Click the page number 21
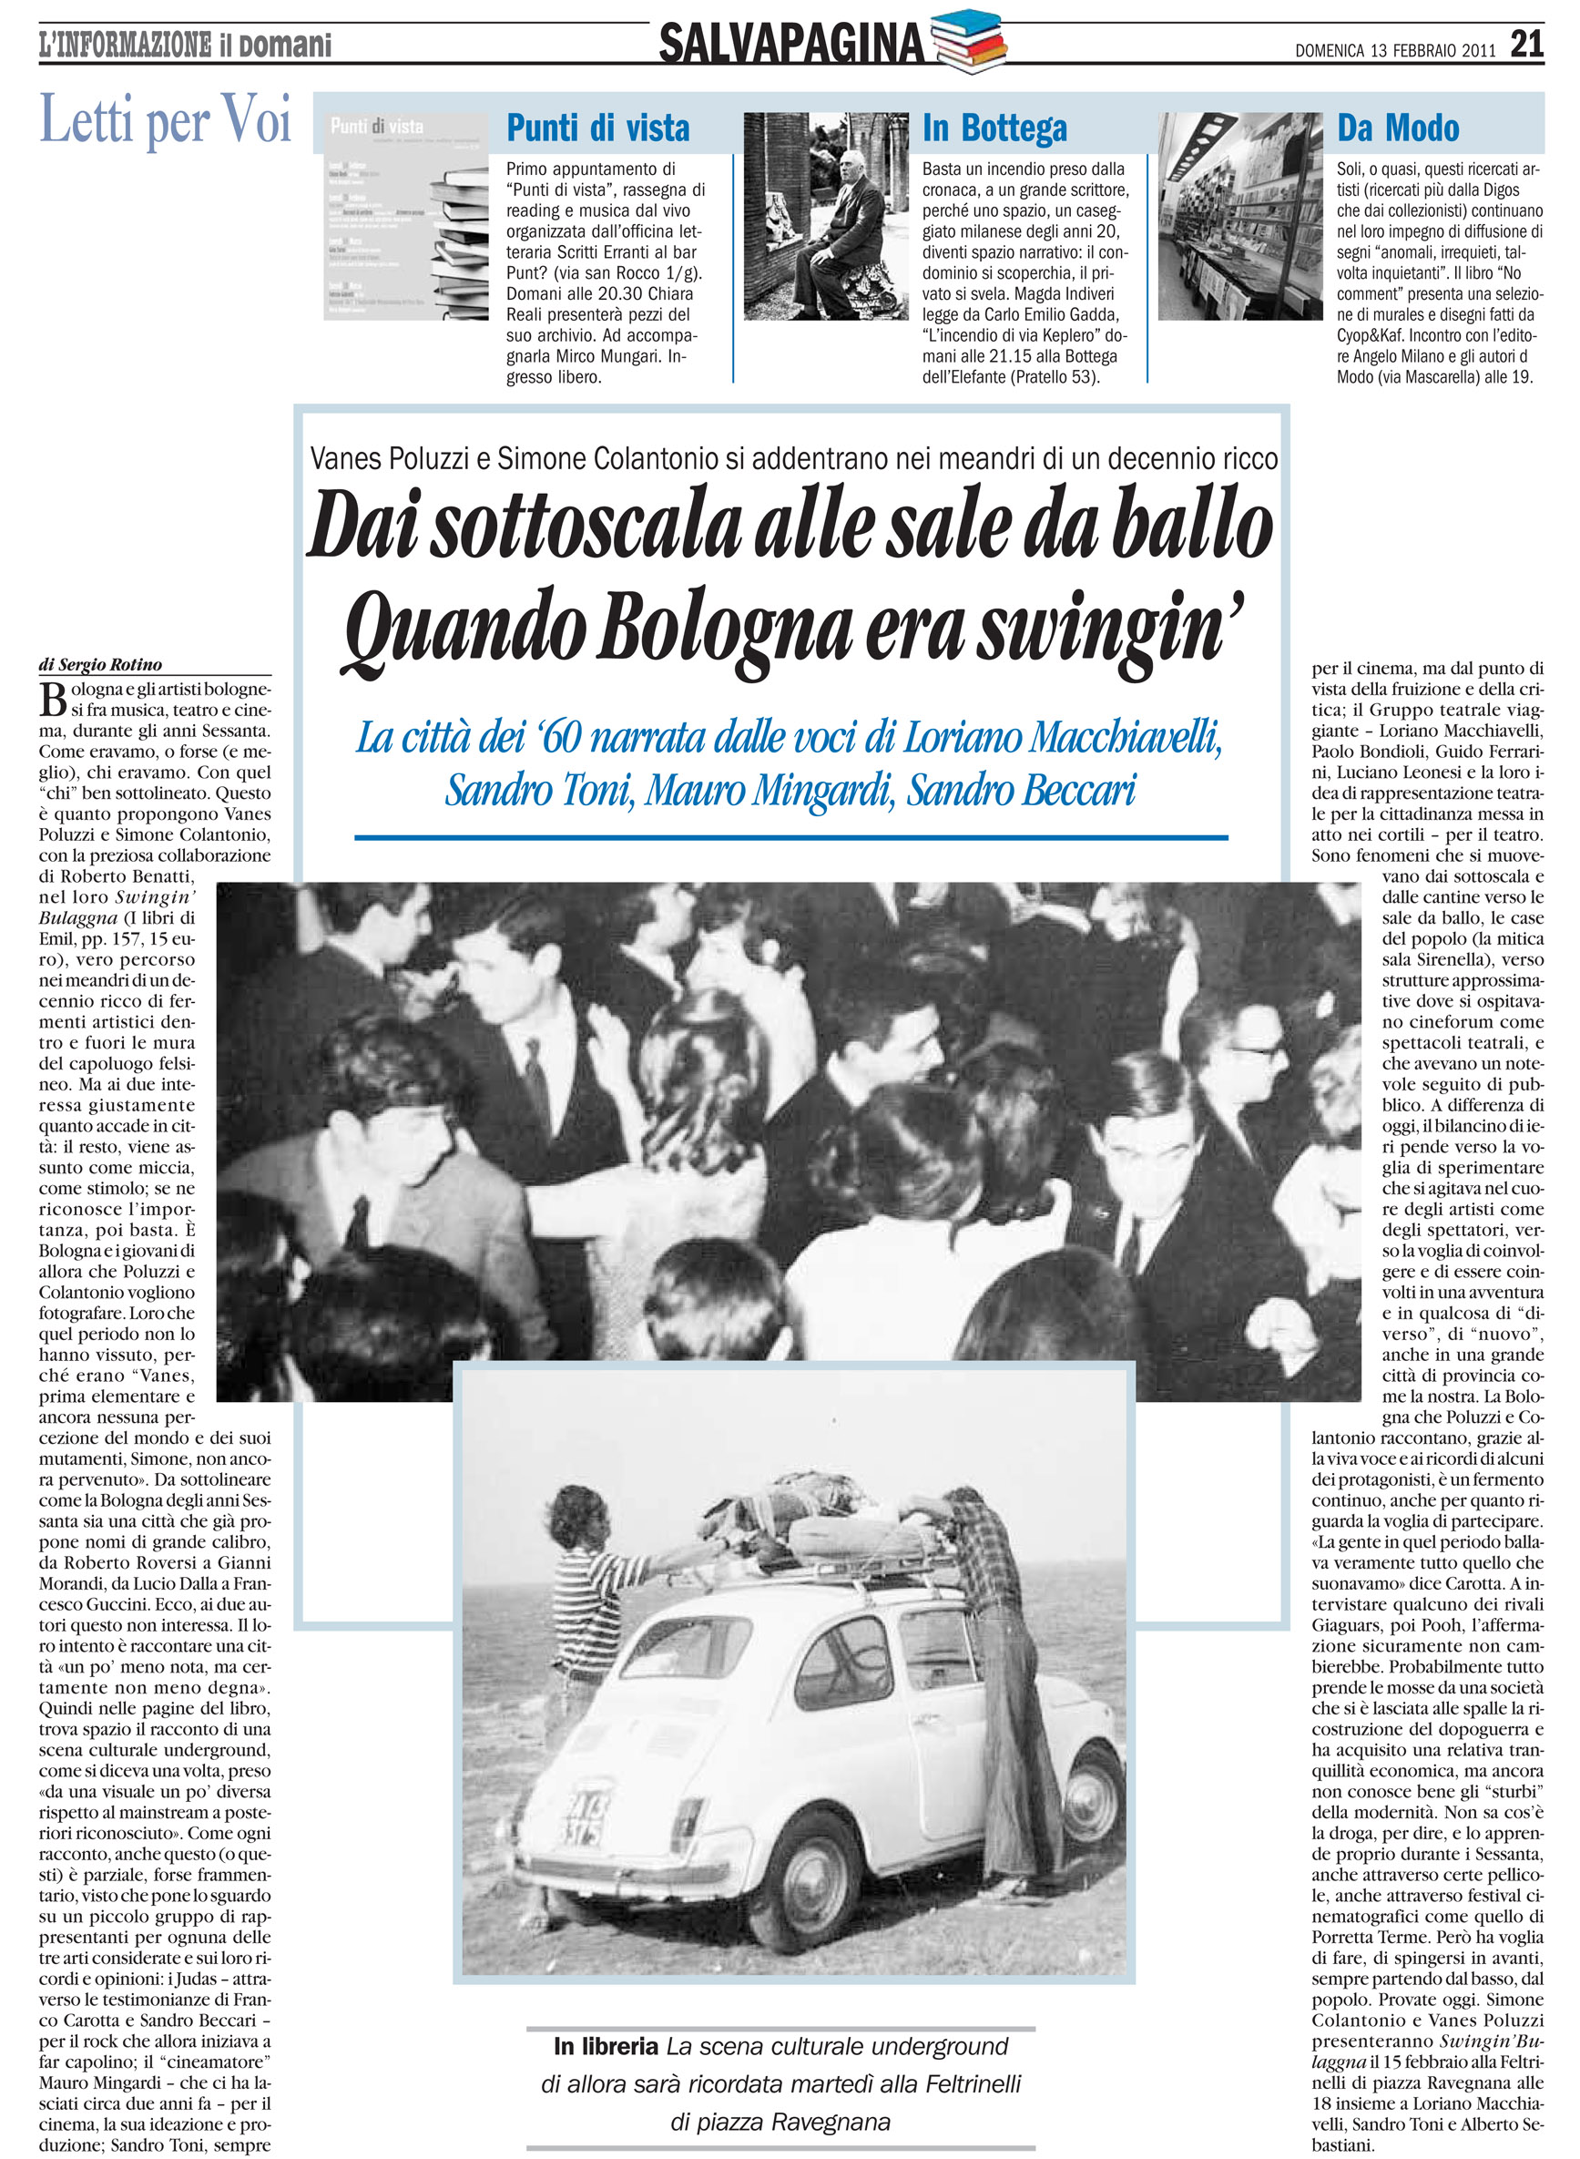[1525, 43]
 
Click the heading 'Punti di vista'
[597, 128]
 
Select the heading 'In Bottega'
[994, 128]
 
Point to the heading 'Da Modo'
[1397, 128]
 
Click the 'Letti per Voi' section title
[165, 121]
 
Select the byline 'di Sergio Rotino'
[100, 665]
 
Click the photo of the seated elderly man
[826, 216]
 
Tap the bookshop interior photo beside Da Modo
[1239, 216]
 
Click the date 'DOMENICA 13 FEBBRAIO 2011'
[1394, 51]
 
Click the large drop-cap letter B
[53, 700]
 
